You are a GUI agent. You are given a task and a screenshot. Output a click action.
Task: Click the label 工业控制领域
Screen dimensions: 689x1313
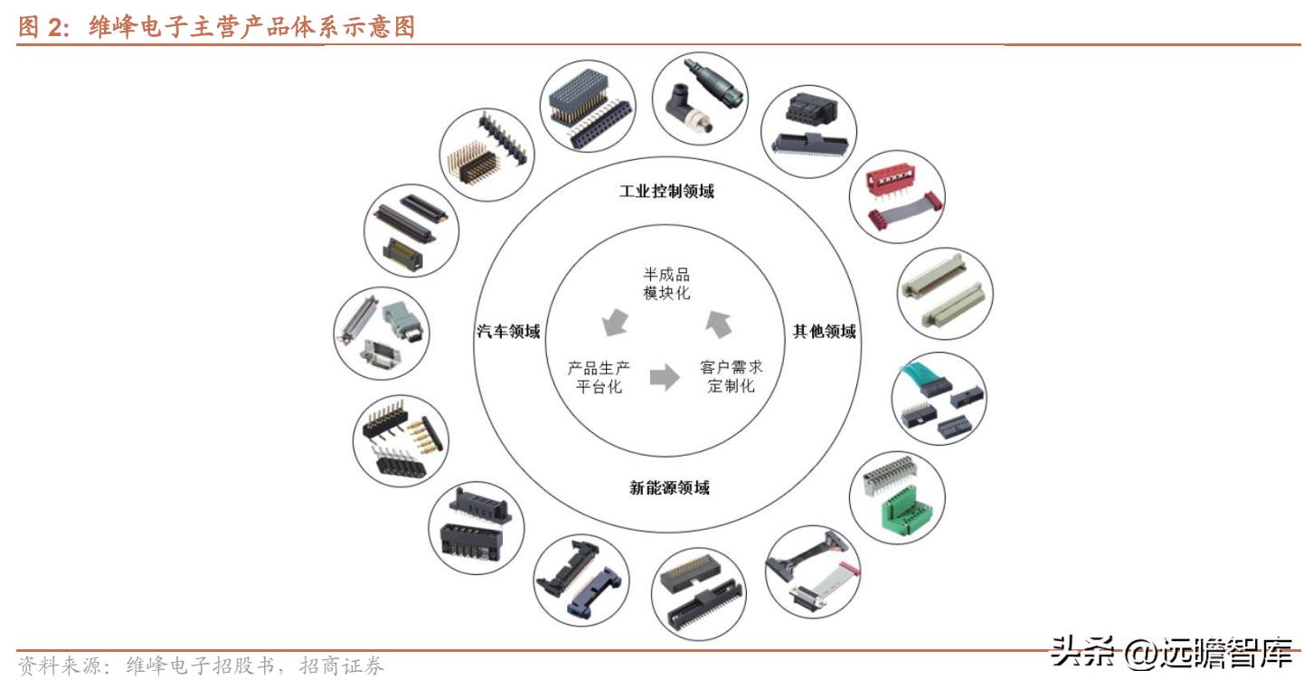pyautogui.click(x=666, y=192)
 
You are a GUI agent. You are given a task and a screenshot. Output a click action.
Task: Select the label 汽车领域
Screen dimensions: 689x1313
pyautogui.click(x=508, y=332)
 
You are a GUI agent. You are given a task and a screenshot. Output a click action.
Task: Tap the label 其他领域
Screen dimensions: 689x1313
pyautogui.click(x=824, y=332)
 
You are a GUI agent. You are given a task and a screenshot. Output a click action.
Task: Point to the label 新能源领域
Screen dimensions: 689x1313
pyautogui.click(x=669, y=488)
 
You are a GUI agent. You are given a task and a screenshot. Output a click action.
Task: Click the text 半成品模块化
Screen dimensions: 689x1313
pyautogui.click(x=666, y=284)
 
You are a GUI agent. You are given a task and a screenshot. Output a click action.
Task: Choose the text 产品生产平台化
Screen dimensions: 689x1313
pyautogui.click(x=599, y=377)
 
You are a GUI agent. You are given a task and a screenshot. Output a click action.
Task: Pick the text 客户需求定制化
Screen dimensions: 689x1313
pyautogui.click(x=731, y=377)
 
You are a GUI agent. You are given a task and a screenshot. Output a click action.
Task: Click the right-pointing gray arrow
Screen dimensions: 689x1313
pyautogui.click(x=665, y=377)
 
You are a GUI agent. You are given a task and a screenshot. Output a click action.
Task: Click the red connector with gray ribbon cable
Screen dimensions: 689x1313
pyautogui.click(x=898, y=197)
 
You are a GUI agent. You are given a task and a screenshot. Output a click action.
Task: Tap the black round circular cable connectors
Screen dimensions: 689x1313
pyautogui.click(x=699, y=98)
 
